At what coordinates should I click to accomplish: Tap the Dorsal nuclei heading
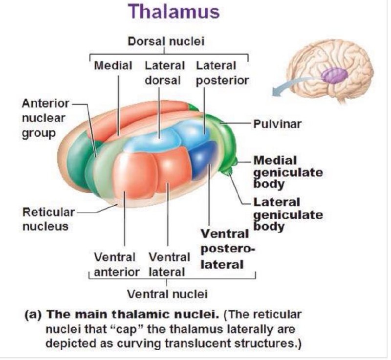pyautogui.click(x=166, y=42)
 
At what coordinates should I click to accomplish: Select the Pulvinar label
pyautogui.click(x=277, y=124)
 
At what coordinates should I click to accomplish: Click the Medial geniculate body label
pyautogui.click(x=287, y=172)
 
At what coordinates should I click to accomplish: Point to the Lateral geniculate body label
pyautogui.click(x=287, y=214)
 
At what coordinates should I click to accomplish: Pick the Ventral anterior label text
pyautogui.click(x=117, y=264)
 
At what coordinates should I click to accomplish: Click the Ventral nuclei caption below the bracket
pyautogui.click(x=167, y=294)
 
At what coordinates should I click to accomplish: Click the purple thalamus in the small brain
pyautogui.click(x=334, y=75)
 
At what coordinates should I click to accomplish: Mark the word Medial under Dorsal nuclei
pyautogui.click(x=113, y=65)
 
